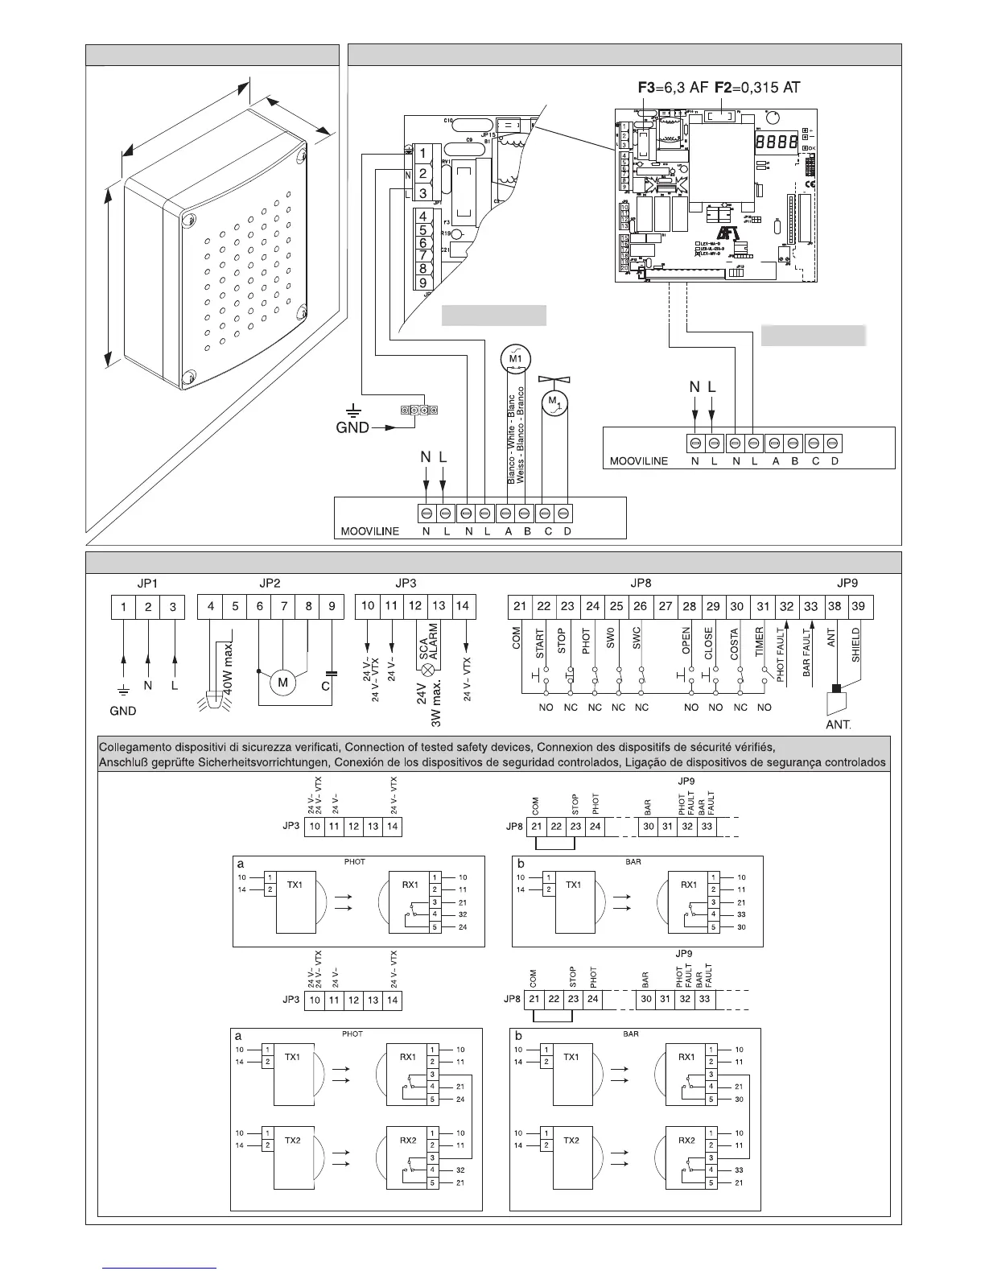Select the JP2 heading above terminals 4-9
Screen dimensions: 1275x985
point(270,583)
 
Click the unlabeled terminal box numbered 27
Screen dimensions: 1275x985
point(666,606)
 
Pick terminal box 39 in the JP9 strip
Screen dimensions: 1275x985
point(859,606)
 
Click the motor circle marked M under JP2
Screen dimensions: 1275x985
point(283,683)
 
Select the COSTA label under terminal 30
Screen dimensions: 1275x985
point(736,645)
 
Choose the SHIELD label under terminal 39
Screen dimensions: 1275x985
point(856,645)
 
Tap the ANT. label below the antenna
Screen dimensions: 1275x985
point(839,724)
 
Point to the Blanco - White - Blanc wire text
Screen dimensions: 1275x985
point(511,439)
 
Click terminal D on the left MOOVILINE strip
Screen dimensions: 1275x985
point(566,514)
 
